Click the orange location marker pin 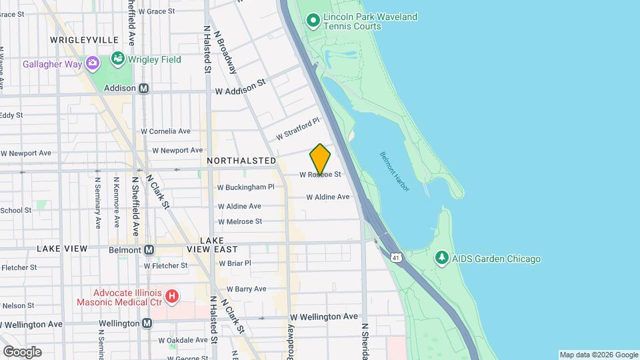click(320, 159)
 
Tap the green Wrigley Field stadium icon click(118, 59)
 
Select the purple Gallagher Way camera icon click(92, 64)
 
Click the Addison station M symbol click(144, 88)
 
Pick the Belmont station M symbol click(149, 250)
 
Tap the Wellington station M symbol click(147, 323)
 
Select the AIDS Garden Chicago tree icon click(441, 258)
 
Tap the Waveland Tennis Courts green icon click(313, 21)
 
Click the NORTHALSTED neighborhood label click(241, 161)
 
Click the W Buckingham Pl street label click(246, 187)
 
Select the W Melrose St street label click(240, 221)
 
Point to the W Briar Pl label click(235, 263)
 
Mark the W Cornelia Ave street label click(166, 131)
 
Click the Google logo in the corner click(22, 351)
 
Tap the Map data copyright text click(598, 355)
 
